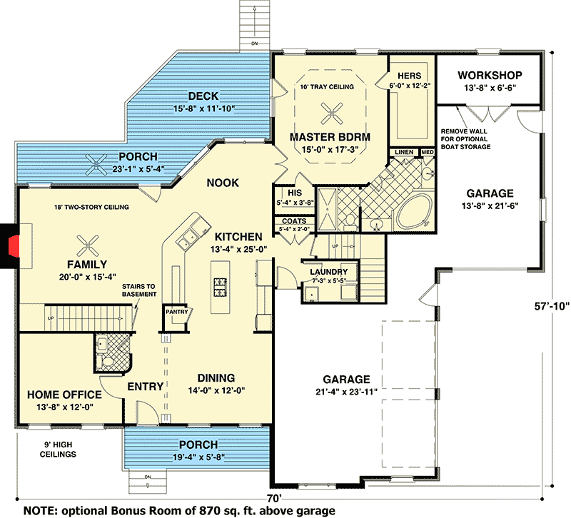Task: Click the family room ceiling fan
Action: [x=89, y=245]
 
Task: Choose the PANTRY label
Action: [x=176, y=312]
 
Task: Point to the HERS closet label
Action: [x=410, y=75]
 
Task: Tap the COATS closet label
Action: [x=293, y=221]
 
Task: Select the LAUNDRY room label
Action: [x=328, y=272]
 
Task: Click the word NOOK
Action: [x=222, y=183]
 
